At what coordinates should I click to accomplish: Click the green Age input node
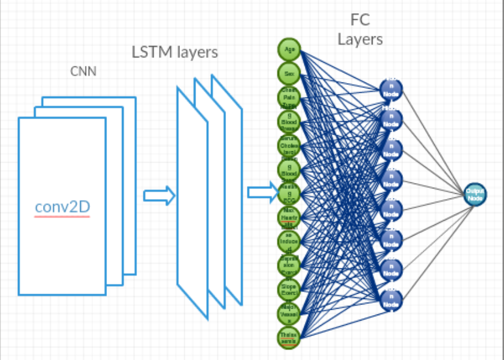(x=289, y=49)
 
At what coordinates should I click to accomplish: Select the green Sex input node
(x=289, y=73)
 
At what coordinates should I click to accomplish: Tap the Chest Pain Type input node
(x=289, y=97)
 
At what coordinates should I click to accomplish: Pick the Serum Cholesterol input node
(x=289, y=145)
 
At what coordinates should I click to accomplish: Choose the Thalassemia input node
(x=289, y=337)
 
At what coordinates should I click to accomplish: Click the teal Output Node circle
(x=475, y=194)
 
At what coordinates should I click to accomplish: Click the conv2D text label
(x=62, y=207)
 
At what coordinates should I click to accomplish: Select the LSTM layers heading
(x=175, y=53)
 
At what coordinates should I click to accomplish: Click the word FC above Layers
(x=361, y=20)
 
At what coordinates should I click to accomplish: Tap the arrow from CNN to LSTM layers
(x=159, y=195)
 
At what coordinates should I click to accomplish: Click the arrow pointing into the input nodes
(x=262, y=192)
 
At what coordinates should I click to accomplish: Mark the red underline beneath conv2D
(x=62, y=216)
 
